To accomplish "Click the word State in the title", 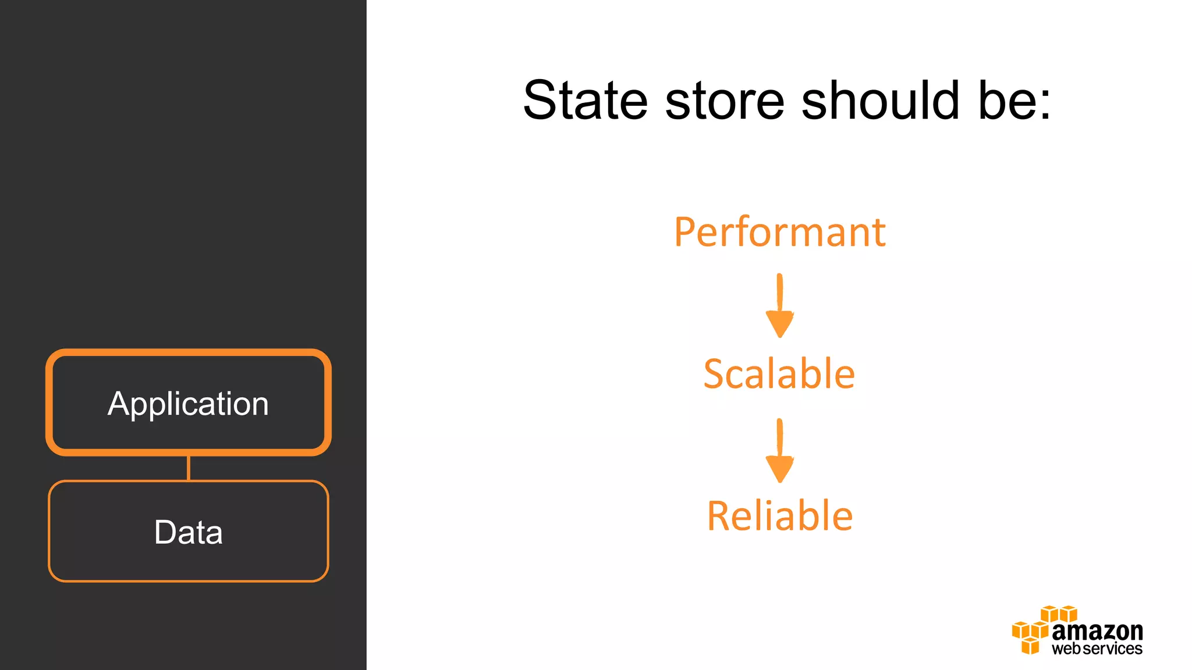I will [x=585, y=101].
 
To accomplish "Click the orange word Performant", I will [x=779, y=233].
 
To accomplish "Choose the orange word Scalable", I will [x=779, y=374].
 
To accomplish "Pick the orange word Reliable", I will [x=779, y=516].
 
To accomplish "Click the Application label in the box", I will [x=188, y=404].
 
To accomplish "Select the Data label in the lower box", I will [x=188, y=532].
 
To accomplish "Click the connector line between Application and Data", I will [x=188, y=468].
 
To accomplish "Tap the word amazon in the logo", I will [x=1097, y=631].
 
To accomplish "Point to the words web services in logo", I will [x=1097, y=648].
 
